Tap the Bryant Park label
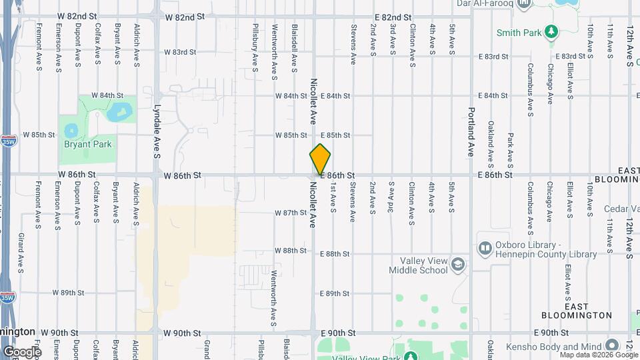coord(87,144)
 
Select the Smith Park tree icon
coord(551,32)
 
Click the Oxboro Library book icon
coord(485,248)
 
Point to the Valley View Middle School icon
coord(458,265)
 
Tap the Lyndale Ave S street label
coord(157,131)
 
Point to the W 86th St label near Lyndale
coord(183,175)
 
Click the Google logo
coord(22,351)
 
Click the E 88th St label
coord(335,254)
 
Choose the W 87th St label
coord(291,213)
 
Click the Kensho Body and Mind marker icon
coord(612,347)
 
